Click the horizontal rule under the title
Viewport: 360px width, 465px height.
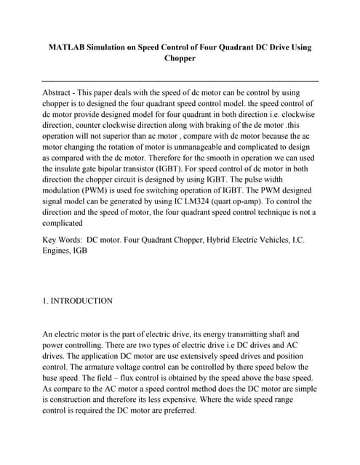[180, 81]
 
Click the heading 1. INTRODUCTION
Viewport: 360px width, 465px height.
[78, 300]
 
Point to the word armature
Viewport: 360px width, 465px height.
[105, 368]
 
